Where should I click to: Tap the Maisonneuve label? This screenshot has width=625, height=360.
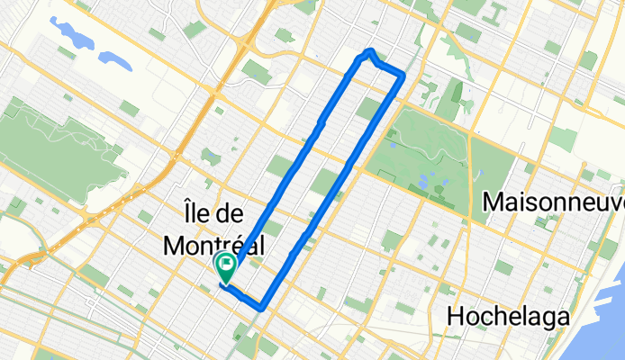[553, 203]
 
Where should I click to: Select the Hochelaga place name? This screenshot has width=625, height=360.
[510, 317]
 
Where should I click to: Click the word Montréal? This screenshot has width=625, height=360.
[214, 244]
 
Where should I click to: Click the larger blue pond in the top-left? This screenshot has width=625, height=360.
[75, 35]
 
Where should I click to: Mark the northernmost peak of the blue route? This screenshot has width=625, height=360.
[370, 50]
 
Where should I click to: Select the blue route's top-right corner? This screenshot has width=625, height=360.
[401, 76]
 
